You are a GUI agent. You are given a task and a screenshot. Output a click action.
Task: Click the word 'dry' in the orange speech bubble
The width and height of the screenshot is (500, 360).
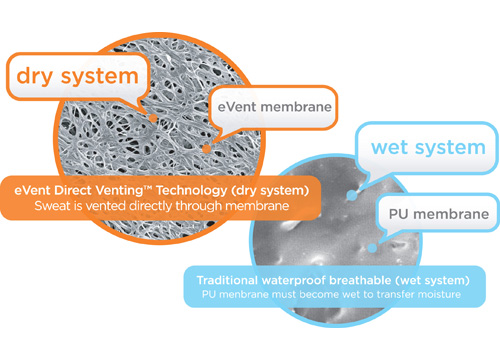(34, 77)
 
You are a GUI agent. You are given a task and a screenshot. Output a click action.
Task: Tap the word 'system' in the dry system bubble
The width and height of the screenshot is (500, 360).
(99, 77)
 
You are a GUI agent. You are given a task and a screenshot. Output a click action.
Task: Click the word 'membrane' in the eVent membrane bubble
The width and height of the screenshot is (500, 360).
(296, 107)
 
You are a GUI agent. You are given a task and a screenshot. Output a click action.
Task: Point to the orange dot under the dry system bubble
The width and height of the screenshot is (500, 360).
(153, 118)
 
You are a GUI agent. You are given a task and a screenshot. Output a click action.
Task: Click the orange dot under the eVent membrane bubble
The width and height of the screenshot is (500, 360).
(207, 149)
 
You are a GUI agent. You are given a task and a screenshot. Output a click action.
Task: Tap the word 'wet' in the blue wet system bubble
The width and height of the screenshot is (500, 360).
(389, 147)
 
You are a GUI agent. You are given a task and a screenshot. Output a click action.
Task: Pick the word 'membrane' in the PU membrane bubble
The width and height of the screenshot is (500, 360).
(451, 214)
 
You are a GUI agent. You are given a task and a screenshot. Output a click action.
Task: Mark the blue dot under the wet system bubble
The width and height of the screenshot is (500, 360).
(351, 195)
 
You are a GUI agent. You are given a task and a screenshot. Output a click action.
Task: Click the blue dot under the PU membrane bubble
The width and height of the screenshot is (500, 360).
(372, 248)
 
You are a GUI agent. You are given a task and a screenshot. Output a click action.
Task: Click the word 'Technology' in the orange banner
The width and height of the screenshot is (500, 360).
(192, 191)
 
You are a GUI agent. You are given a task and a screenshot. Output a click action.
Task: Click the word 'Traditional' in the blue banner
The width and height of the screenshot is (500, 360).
(227, 280)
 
